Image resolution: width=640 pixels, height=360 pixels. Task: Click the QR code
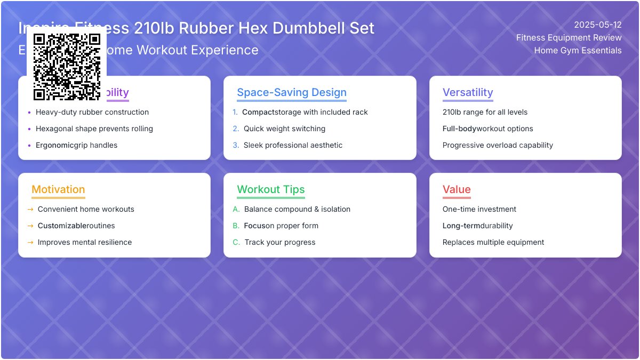67,67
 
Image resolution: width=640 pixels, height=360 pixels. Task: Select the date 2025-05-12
597,25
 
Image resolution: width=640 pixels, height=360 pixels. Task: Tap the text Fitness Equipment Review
569,37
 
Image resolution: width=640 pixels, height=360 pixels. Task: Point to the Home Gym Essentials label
578,51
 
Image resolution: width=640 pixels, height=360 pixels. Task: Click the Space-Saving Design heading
292,92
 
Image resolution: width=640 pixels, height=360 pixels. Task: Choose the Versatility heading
468,92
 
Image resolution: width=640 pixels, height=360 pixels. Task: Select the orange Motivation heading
58,189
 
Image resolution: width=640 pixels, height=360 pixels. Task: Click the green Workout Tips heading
271,189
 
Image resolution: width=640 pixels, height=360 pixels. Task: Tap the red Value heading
457,189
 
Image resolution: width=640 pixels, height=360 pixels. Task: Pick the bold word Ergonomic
54,145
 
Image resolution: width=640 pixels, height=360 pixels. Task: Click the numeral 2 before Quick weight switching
236,129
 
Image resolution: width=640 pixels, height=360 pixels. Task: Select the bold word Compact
258,112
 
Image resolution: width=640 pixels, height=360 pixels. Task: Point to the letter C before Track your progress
236,242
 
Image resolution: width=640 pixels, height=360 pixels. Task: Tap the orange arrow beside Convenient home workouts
30,209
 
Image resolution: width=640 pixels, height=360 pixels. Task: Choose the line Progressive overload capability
498,145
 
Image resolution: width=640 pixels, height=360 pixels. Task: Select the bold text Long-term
461,226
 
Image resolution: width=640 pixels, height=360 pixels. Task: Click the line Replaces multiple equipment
493,242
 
